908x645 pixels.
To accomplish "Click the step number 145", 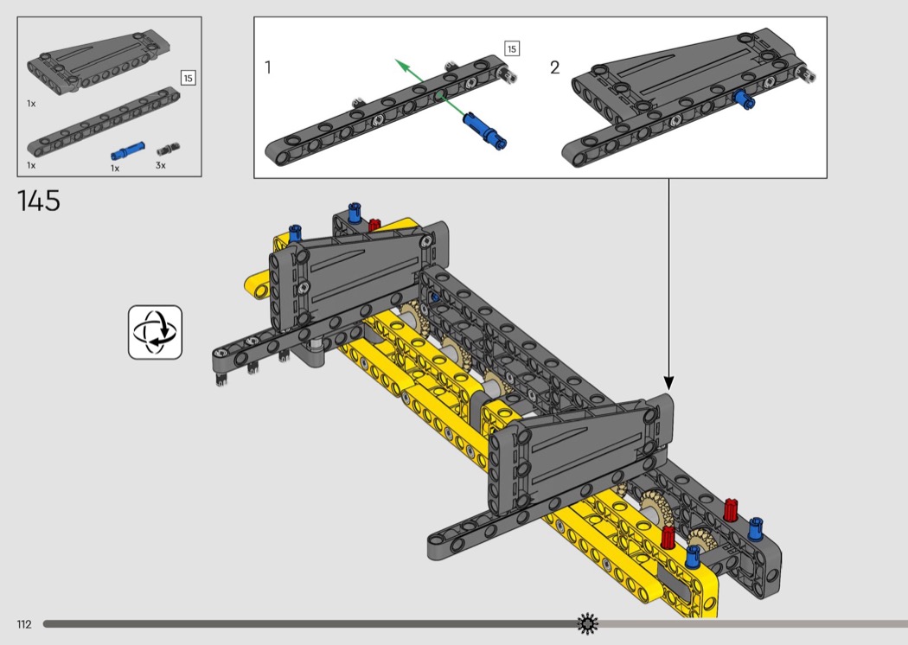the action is [39, 201].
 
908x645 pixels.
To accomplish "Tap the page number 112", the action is [24, 624].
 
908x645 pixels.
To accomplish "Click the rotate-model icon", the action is [155, 332].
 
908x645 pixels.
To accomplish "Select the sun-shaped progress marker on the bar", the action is [587, 623].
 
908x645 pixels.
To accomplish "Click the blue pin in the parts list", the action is [128, 151].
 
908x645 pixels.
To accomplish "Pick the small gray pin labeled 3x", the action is [168, 150].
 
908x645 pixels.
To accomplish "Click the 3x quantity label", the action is [160, 166].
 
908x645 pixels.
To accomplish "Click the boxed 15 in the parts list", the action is [188, 78].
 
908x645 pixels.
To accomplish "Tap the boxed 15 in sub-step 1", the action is [512, 48].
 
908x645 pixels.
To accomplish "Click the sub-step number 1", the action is [267, 67].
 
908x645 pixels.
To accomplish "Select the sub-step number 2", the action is [555, 67].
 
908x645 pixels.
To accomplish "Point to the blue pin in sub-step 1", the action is [485, 131].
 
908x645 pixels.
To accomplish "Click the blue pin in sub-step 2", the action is [744, 99].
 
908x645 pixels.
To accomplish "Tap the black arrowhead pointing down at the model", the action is [668, 383].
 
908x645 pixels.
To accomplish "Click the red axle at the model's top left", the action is [374, 224].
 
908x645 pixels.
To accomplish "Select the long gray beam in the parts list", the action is [103, 122].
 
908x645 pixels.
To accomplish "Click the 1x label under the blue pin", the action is [115, 169].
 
